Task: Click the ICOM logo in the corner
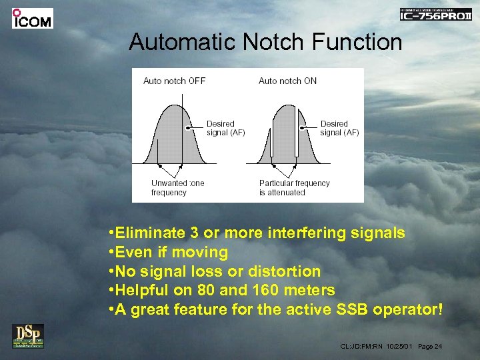point(32,19)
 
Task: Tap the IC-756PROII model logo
point(435,14)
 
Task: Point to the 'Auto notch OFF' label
point(174,81)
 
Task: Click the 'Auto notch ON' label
point(287,81)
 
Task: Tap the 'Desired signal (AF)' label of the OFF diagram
point(225,128)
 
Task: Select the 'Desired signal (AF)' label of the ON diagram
point(339,128)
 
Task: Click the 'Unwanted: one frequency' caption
point(177,188)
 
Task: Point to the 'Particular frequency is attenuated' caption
point(294,188)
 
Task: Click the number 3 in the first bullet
point(195,233)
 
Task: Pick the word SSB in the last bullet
point(347,310)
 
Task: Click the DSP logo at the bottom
point(27,336)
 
